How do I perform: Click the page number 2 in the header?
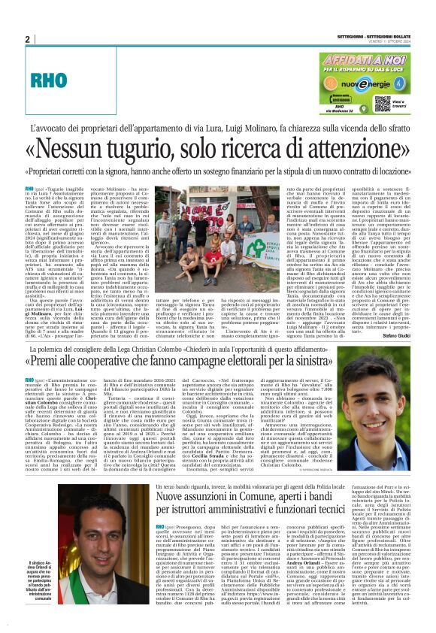tap(27, 39)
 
